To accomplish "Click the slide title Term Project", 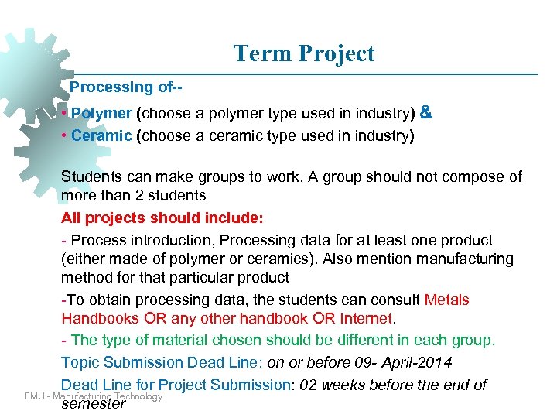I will pos(303,53).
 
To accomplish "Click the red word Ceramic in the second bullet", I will pos(101,136).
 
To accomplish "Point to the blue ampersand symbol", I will pos(425,113).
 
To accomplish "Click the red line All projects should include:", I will pos(140,218).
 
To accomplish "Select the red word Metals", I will pos(447,300).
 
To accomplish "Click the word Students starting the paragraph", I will pos(91,177).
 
